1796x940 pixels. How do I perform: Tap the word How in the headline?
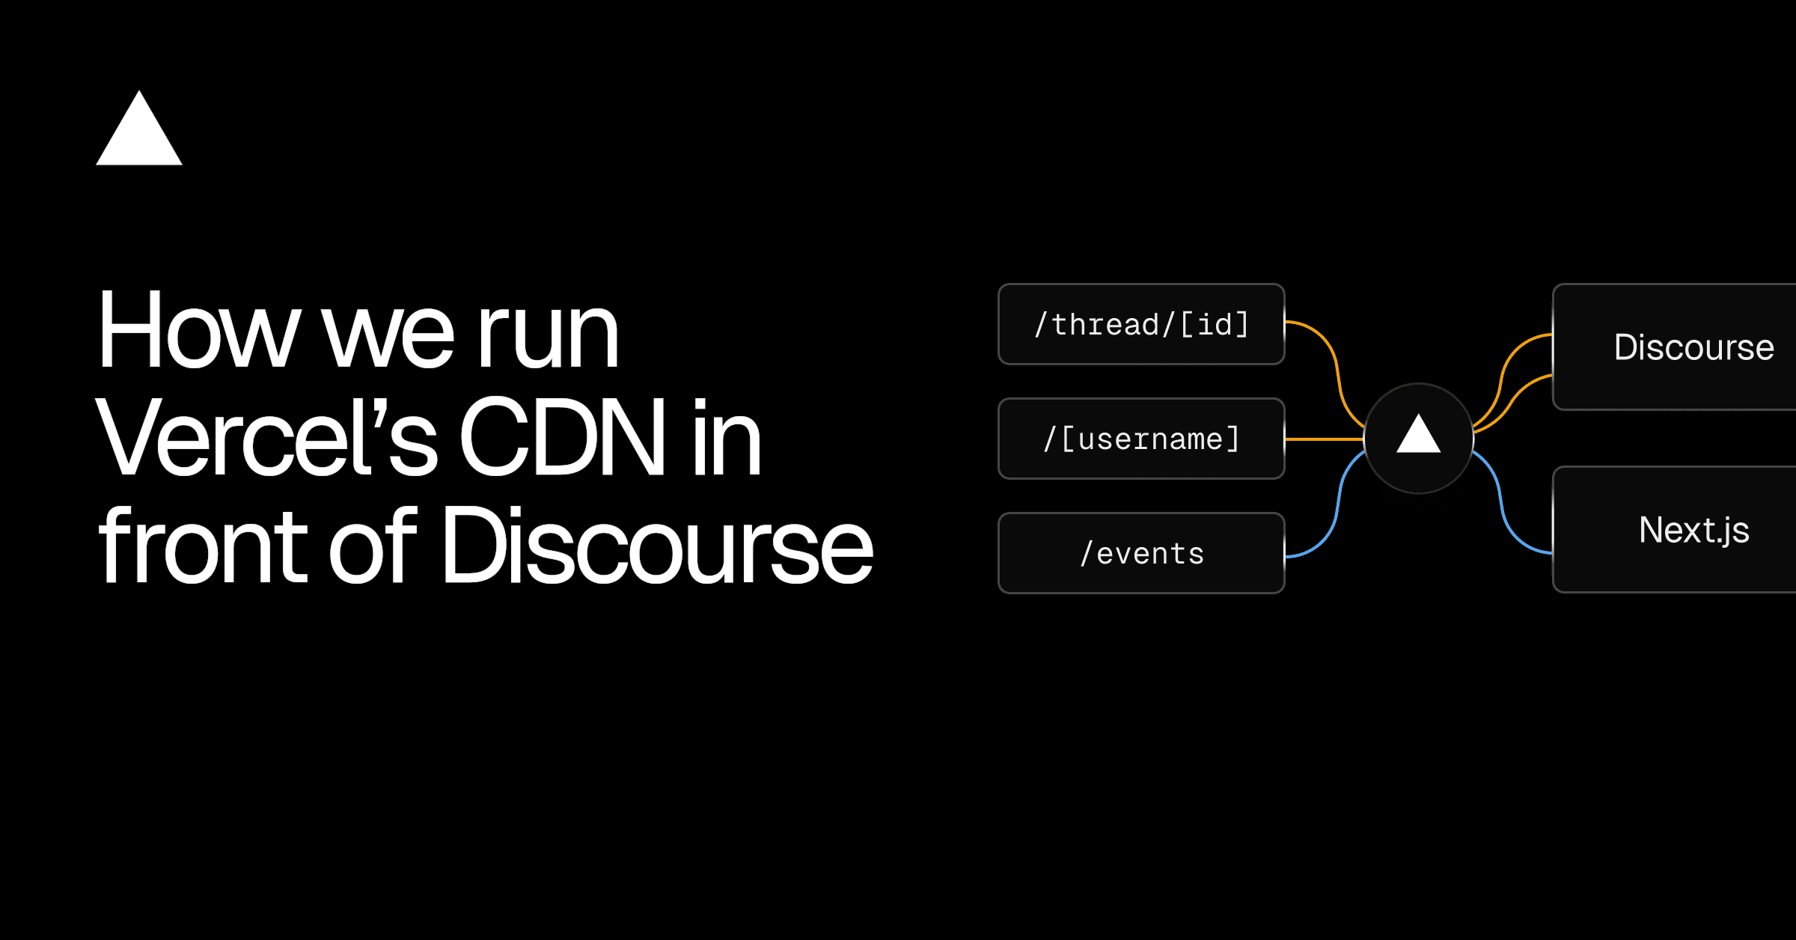coord(198,330)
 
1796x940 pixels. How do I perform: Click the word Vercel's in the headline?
coord(266,438)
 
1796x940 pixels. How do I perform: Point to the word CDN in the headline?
coord(561,438)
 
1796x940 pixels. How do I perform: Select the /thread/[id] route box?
coord(1141,324)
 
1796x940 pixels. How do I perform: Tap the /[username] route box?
coord(1141,439)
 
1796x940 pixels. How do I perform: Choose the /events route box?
coord(1141,553)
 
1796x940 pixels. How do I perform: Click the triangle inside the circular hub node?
coord(1418,437)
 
